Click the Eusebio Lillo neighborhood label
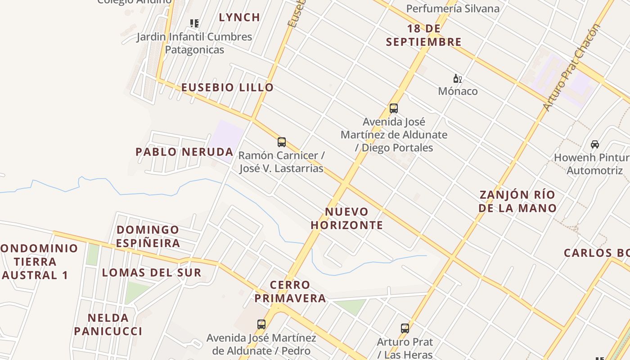click(x=227, y=87)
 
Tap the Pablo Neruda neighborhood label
click(x=184, y=152)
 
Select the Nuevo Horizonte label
click(x=347, y=218)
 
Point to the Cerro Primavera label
click(x=290, y=292)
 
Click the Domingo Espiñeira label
click(x=148, y=237)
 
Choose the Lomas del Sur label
click(x=152, y=273)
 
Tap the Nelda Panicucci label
click(x=108, y=325)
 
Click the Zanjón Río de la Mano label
click(x=517, y=202)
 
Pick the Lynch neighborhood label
click(x=239, y=18)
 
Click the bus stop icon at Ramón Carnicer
click(x=282, y=142)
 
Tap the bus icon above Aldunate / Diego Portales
click(x=394, y=108)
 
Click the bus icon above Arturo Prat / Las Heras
click(x=405, y=328)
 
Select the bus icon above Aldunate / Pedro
click(x=261, y=324)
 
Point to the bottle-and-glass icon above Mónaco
click(x=458, y=78)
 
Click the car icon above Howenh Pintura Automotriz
click(x=595, y=144)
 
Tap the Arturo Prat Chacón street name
click(x=571, y=67)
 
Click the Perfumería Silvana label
click(x=453, y=9)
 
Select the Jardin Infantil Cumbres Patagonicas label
click(x=194, y=43)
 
